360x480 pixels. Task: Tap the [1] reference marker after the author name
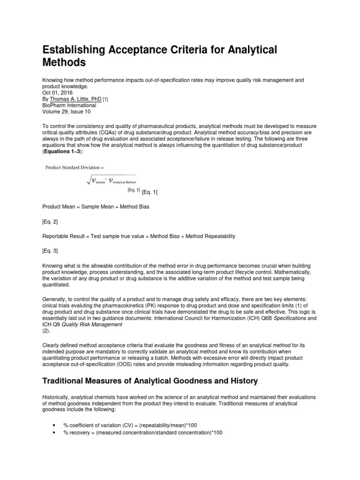pyautogui.click(x=105, y=99)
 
